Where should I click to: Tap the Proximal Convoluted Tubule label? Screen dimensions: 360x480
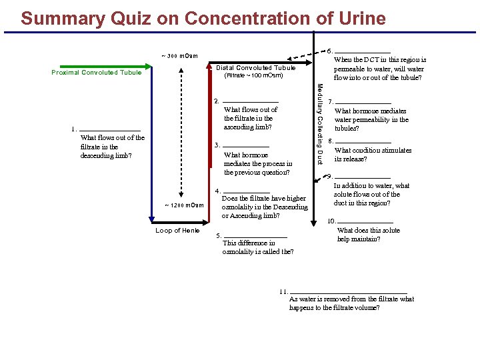(97, 73)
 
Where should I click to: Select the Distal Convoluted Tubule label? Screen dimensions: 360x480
(256, 67)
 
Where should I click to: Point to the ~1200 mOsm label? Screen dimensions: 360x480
(184, 205)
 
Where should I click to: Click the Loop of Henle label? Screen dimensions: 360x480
(177, 231)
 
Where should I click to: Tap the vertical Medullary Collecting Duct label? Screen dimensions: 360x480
(319, 123)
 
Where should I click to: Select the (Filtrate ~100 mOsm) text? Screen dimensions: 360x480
(253, 75)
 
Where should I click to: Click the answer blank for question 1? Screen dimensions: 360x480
(110, 129)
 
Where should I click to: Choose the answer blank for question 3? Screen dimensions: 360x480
(246, 145)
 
